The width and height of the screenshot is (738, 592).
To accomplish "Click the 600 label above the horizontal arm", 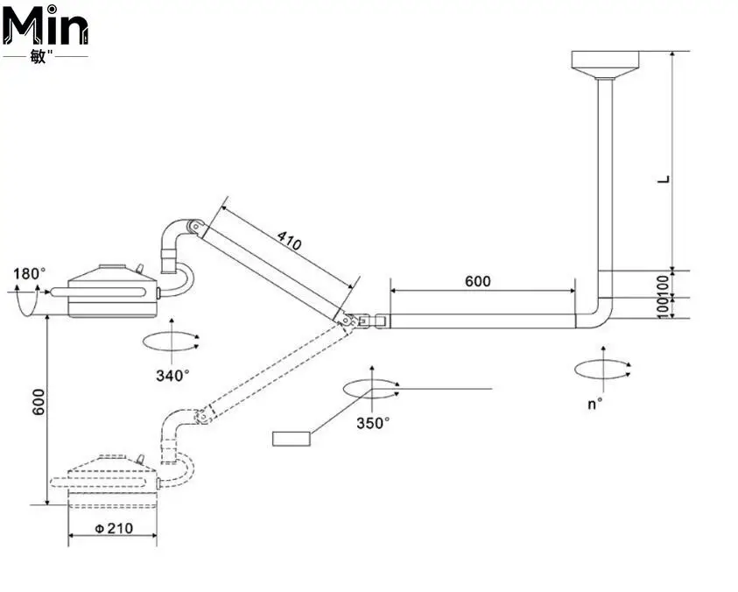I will click(477, 281).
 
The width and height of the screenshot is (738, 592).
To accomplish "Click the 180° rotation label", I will click(28, 274).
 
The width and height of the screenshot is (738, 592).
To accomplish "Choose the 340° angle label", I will click(172, 375).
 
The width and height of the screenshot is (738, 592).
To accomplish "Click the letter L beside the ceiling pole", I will click(664, 178).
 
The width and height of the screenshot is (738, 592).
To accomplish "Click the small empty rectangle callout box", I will click(292, 439).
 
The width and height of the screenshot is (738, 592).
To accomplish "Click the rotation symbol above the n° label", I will click(602, 370).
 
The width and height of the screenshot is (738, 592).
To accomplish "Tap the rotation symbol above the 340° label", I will click(172, 341).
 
